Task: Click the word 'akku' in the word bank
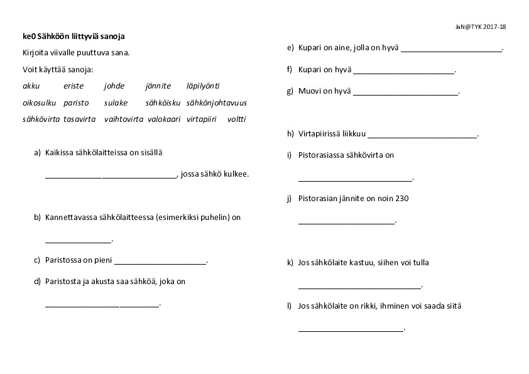coord(31,86)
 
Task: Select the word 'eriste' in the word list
coord(74,86)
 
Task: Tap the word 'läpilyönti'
coord(203,86)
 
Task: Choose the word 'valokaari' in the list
coord(164,119)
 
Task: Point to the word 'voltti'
coord(237,119)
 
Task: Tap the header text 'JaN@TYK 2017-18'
coord(481,27)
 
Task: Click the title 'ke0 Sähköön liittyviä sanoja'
coord(77,36)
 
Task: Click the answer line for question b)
coord(78,241)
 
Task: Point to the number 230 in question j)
coord(402,199)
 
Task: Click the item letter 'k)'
coord(290,263)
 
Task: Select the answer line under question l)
coord(350,330)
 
